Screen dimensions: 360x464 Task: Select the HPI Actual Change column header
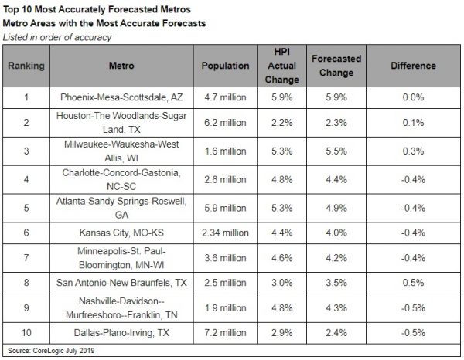pos(281,66)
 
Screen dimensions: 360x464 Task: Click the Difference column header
pos(411,66)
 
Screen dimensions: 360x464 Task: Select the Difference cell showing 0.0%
pos(411,98)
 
